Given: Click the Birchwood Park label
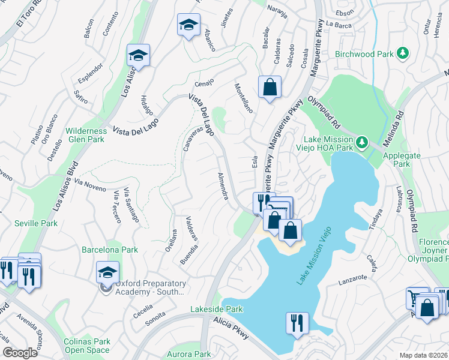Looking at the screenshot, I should (x=364, y=54).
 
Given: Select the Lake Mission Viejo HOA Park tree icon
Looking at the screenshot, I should (x=361, y=142).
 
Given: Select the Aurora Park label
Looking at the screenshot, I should (x=194, y=355).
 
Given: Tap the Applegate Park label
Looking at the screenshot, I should (x=397, y=159).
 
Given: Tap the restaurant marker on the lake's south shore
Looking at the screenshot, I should (x=297, y=322).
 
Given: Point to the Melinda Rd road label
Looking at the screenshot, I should (x=399, y=126).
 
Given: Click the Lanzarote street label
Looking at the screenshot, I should (x=352, y=278).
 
